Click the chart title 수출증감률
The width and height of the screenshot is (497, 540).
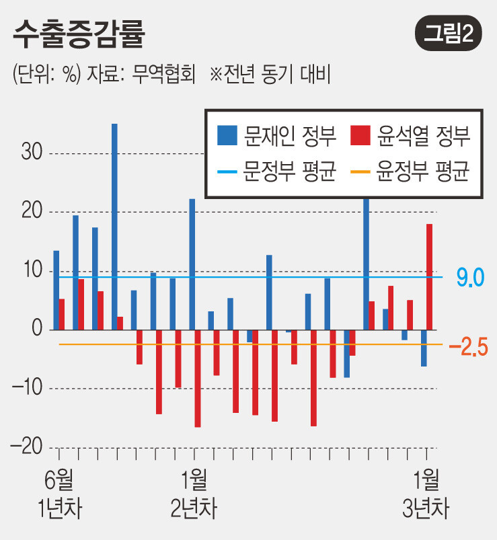pyautogui.click(x=79, y=34)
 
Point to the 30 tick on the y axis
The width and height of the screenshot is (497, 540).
pyautogui.click(x=30, y=153)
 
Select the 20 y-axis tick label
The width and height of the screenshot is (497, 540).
pyautogui.click(x=30, y=213)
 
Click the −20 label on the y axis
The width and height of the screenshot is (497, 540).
pyautogui.click(x=27, y=447)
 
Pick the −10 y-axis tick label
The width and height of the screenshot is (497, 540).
pyautogui.click(x=27, y=389)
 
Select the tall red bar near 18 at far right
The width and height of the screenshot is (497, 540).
pyautogui.click(x=429, y=276)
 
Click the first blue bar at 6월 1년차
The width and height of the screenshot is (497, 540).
pyautogui.click(x=56, y=290)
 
